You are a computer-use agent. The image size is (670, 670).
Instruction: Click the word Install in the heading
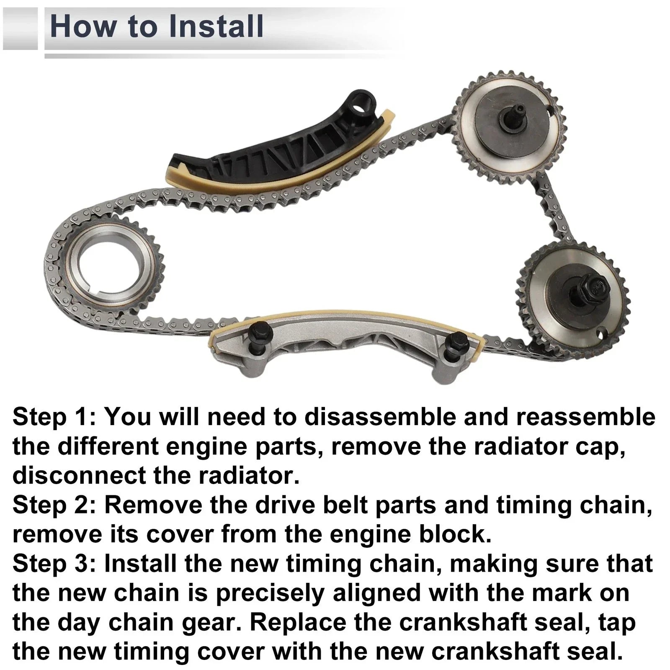pyautogui.click(x=216, y=26)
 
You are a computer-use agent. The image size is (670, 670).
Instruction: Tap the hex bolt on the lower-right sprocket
pyautogui.click(x=591, y=288)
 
